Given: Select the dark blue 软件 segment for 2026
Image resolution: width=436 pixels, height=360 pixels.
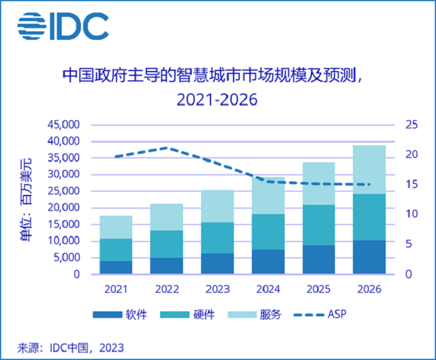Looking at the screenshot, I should [369, 257].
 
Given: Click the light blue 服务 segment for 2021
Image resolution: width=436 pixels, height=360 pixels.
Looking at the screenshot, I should [116, 227].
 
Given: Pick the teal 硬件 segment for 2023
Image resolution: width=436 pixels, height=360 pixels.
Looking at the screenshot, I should [217, 238].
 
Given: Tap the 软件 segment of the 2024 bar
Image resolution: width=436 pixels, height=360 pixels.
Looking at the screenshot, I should [268, 262].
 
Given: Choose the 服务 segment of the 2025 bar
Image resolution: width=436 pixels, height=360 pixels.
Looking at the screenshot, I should [318, 184].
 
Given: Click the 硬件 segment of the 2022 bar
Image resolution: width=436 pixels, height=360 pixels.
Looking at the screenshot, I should [166, 244].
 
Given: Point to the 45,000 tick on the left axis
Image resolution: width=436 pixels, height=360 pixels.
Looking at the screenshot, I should [64, 125].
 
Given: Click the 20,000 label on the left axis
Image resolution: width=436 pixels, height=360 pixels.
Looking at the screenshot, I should [64, 207].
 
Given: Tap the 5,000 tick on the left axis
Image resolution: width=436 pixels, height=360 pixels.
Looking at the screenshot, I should [66, 257].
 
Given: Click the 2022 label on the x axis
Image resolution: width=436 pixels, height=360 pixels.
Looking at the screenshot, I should [166, 290].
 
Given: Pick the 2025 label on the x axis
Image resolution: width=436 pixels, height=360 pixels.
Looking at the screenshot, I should [318, 290].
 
